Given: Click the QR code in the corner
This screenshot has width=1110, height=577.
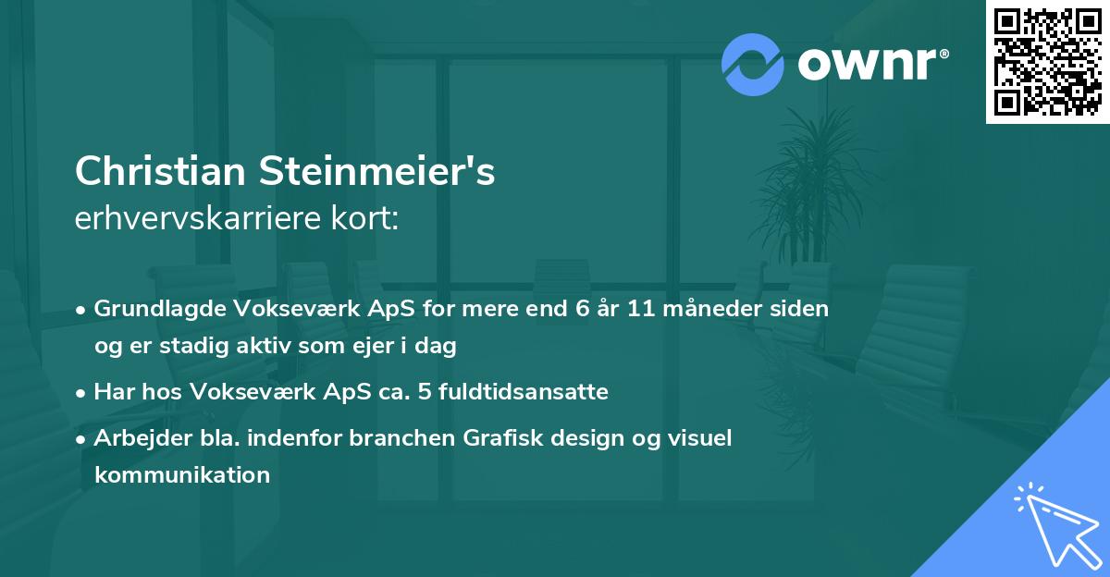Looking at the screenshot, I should (x=1047, y=62).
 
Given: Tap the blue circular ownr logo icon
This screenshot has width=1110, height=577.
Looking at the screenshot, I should (x=752, y=63).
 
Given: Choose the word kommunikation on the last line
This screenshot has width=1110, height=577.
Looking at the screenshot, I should (x=182, y=475).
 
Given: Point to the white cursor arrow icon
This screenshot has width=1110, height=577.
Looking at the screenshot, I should (x=1054, y=524).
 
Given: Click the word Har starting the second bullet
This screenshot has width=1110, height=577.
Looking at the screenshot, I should (x=112, y=391).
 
